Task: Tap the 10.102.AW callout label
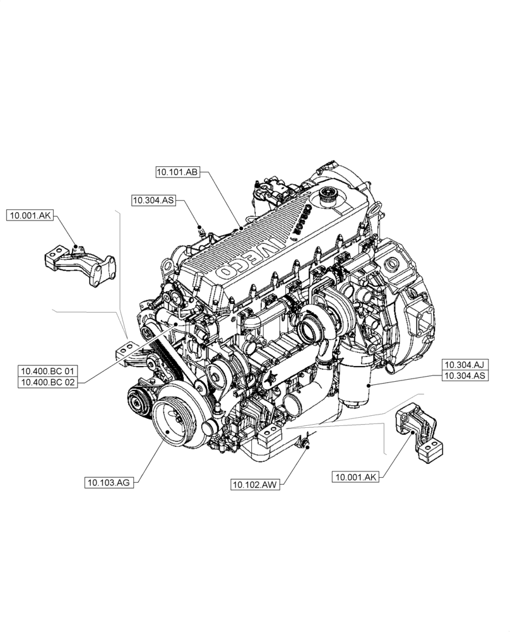256,485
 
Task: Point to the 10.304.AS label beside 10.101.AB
153,200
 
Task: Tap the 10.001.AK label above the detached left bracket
30,216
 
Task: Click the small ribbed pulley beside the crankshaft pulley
136,400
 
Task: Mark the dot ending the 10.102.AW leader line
307,446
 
